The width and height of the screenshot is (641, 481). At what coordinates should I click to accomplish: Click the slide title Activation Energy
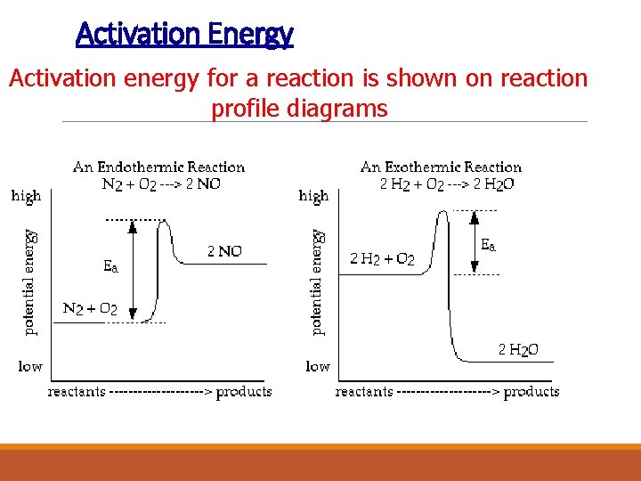click(184, 35)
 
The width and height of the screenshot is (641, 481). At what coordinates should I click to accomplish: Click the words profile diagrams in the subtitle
click(299, 109)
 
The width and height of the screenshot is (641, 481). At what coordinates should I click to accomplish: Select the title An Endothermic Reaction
click(158, 167)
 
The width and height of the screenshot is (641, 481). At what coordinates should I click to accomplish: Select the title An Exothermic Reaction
click(441, 167)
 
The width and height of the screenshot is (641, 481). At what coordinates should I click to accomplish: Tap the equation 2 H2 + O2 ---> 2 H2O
click(446, 184)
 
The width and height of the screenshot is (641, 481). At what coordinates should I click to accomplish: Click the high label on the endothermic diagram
click(26, 196)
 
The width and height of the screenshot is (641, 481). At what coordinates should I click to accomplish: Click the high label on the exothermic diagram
click(313, 196)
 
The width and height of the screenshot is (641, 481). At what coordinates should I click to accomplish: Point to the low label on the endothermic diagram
click(30, 366)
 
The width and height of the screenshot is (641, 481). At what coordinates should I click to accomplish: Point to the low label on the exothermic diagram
click(318, 366)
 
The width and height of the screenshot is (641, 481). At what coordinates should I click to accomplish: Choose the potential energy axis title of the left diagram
click(31, 281)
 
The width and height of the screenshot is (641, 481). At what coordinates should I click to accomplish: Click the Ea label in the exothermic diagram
click(489, 243)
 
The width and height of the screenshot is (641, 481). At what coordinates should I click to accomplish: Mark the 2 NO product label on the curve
click(224, 252)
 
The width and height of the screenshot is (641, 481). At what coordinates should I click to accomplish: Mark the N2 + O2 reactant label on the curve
click(90, 309)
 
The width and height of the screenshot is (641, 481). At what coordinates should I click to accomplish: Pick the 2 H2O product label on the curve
click(518, 350)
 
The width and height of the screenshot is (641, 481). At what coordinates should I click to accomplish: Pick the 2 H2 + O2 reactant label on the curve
click(382, 259)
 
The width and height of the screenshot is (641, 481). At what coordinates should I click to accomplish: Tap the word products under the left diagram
click(244, 392)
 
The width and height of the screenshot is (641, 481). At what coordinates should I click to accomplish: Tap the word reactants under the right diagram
click(363, 392)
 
